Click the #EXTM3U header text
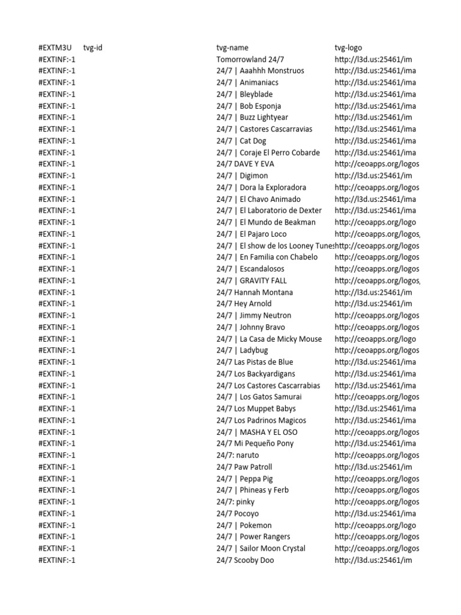[55, 47]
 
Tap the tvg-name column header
[232, 47]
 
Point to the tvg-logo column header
[348, 47]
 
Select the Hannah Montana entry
[255, 292]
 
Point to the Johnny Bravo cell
[251, 327]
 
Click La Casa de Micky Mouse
[269, 339]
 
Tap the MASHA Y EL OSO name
[257, 432]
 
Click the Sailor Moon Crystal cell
[261, 548]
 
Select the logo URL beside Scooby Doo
[373, 560]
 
